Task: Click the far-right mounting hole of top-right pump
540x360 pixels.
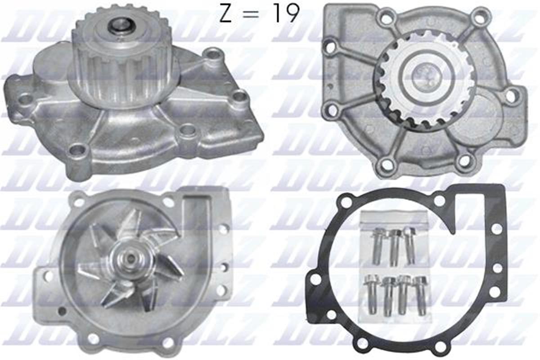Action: click(511, 95)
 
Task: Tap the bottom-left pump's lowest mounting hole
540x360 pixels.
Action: click(94, 338)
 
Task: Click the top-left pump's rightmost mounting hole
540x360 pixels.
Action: click(239, 96)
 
